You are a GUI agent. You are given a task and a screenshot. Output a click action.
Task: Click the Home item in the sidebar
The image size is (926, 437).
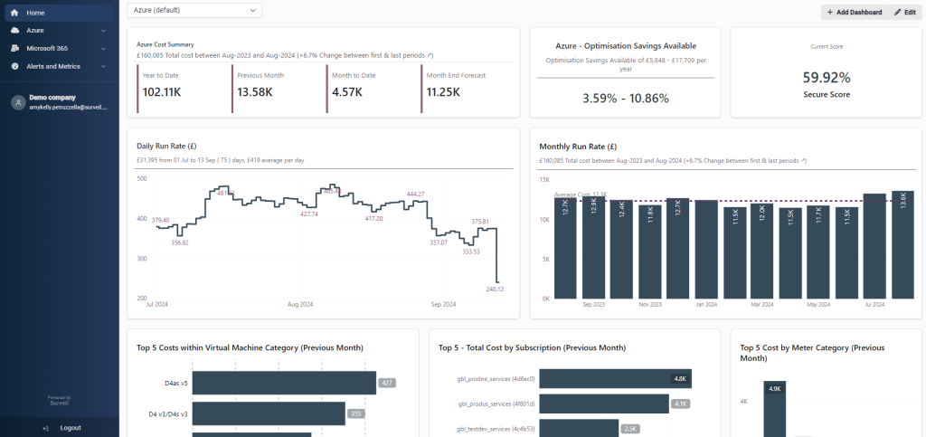pos(35,13)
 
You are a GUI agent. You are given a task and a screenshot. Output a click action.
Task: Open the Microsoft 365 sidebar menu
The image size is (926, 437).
pos(47,48)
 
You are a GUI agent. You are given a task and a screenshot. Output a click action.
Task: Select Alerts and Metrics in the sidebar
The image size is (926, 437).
pos(52,66)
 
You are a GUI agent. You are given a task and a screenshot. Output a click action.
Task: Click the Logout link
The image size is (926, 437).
pos(70,427)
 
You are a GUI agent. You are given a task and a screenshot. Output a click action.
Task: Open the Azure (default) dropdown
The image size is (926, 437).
pos(194,10)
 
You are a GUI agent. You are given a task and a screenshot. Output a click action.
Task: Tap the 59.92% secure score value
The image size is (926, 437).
pos(826,78)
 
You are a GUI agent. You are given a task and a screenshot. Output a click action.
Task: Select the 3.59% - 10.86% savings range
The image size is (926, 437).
pos(625,98)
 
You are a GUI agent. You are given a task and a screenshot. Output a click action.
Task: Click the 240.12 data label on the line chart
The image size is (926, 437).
pos(495,290)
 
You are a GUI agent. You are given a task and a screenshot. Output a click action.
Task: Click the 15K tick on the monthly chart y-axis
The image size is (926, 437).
pos(544,179)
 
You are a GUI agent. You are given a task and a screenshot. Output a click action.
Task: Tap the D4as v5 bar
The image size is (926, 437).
pos(283,383)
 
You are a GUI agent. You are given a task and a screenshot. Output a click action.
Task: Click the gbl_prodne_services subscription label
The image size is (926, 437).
pos(496,379)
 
